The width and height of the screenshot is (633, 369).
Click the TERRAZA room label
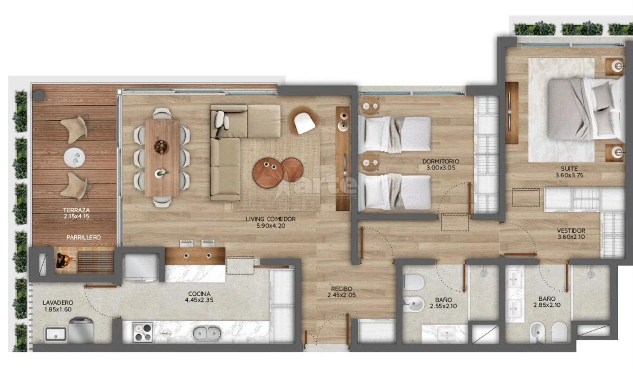(x=77, y=210)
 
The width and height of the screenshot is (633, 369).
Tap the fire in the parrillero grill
(x=63, y=260)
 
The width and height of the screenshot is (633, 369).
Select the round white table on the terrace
(x=74, y=157)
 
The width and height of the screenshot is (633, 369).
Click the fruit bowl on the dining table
(x=161, y=147)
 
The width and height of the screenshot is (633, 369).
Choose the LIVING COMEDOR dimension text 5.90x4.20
(x=271, y=226)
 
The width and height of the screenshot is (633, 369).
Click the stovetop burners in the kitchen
(x=143, y=332)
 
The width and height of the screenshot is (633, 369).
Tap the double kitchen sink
(x=207, y=333)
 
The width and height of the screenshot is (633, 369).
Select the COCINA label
(x=199, y=294)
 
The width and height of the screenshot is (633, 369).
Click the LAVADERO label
(x=58, y=303)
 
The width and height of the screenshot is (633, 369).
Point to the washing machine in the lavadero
(x=81, y=330)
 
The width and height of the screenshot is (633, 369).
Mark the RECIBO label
(x=342, y=289)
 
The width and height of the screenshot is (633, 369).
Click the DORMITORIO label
(x=441, y=161)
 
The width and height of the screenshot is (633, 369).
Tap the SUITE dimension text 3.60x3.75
(x=569, y=175)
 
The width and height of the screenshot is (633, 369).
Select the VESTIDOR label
(x=571, y=230)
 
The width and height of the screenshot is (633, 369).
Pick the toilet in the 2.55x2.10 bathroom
(x=414, y=282)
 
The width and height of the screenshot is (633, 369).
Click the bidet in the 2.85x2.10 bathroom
(x=537, y=332)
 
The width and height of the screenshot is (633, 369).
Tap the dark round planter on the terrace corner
(x=38, y=96)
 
